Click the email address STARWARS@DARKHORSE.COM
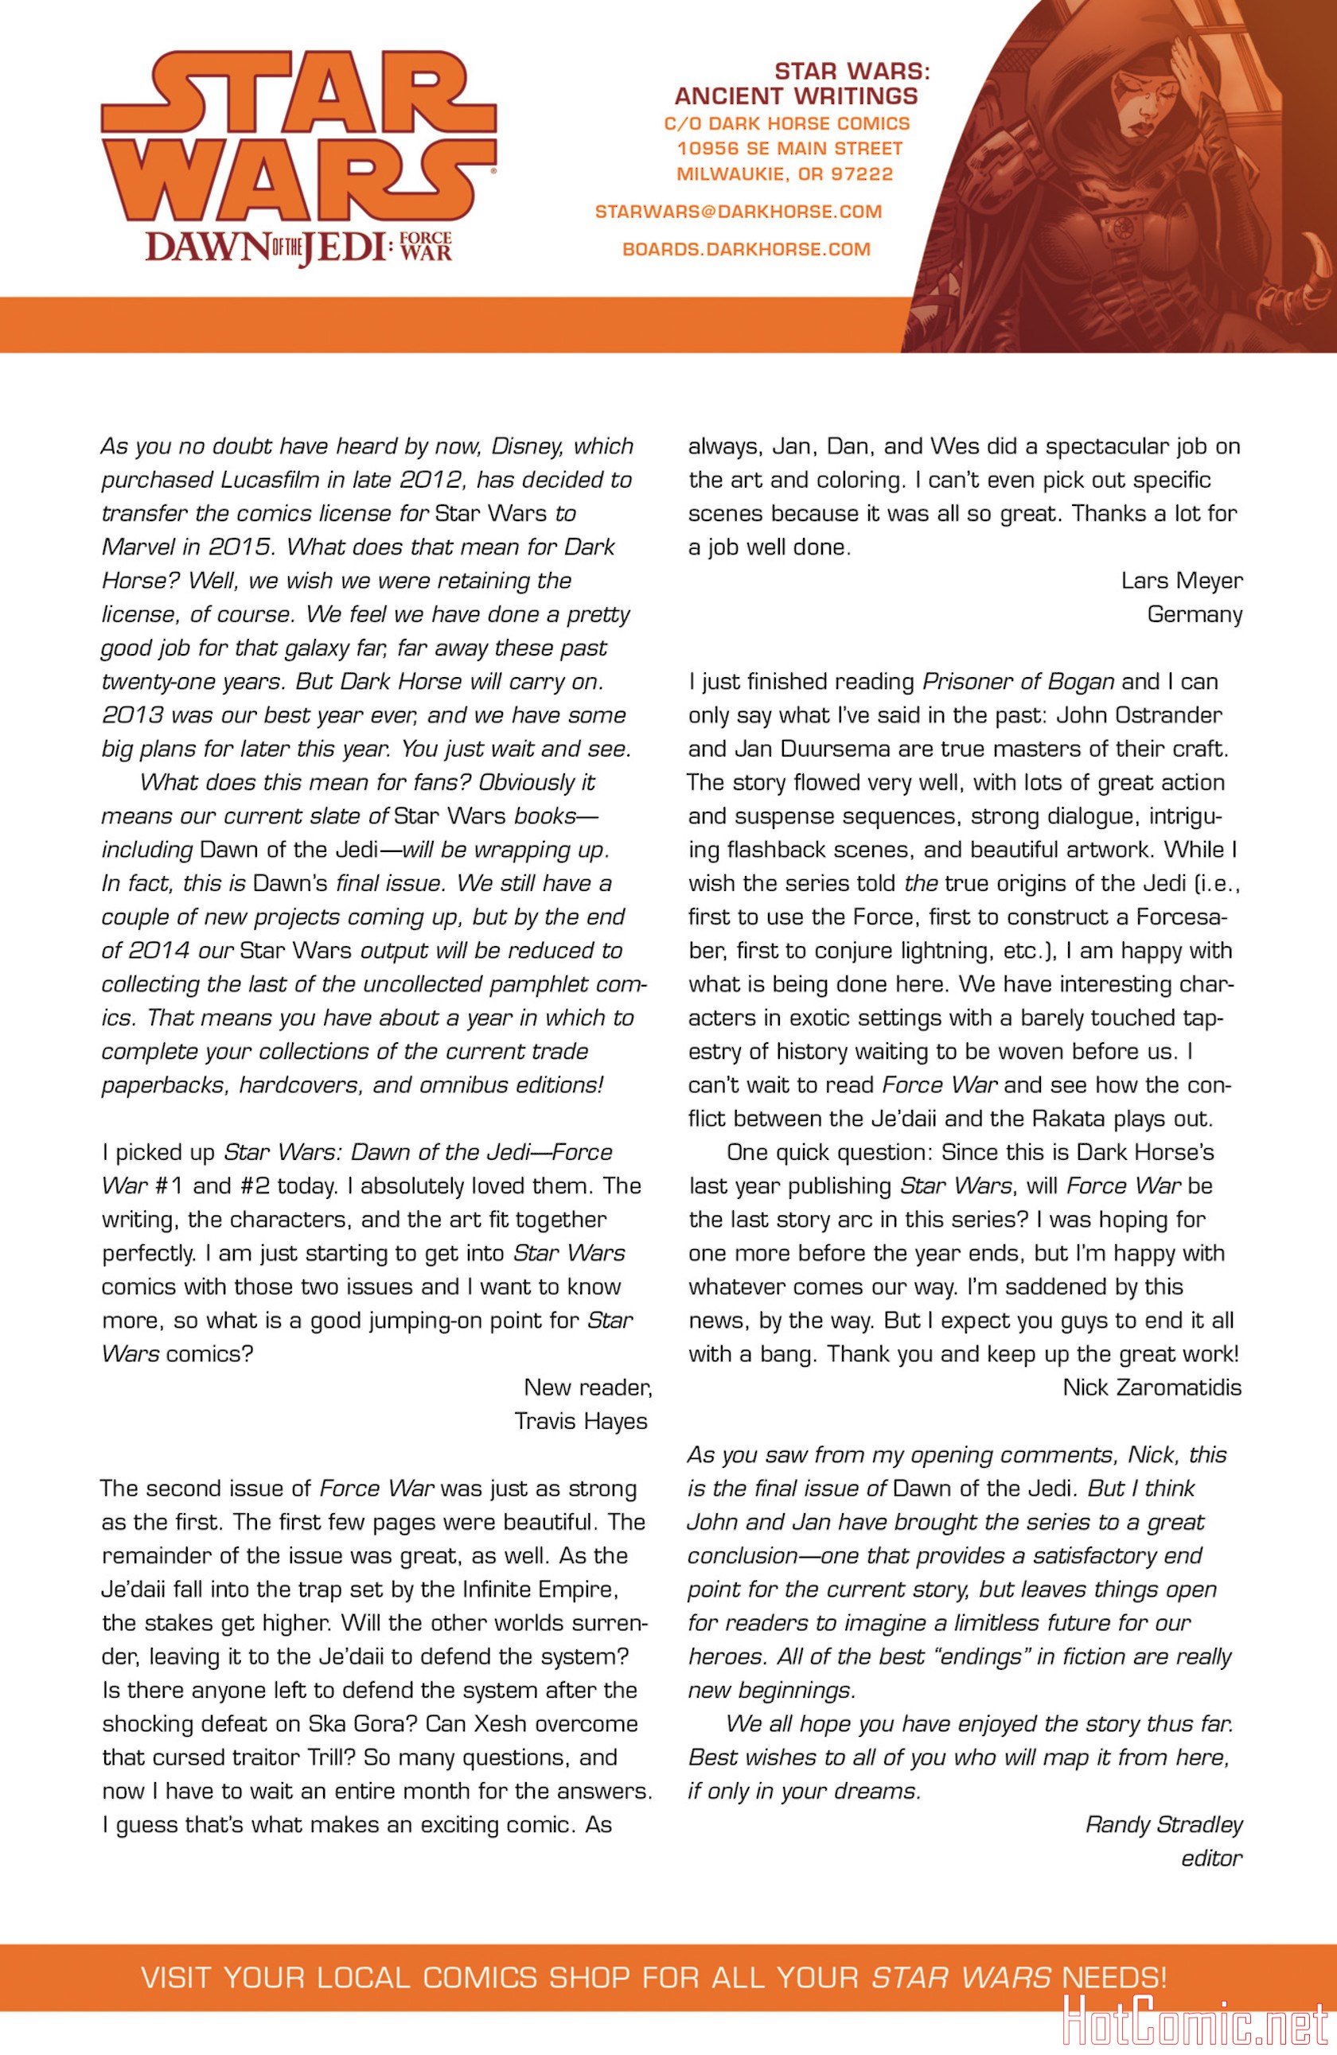[x=739, y=212]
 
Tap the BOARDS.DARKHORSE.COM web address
[x=746, y=250]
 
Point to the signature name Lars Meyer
[x=1182, y=581]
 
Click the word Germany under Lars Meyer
[x=1195, y=615]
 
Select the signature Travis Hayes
[x=580, y=1421]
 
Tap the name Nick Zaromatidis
[x=1152, y=1388]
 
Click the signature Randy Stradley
[x=1164, y=1824]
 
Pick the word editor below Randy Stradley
[x=1211, y=1858]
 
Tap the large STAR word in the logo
[x=298, y=91]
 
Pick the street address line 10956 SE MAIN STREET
[x=789, y=149]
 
